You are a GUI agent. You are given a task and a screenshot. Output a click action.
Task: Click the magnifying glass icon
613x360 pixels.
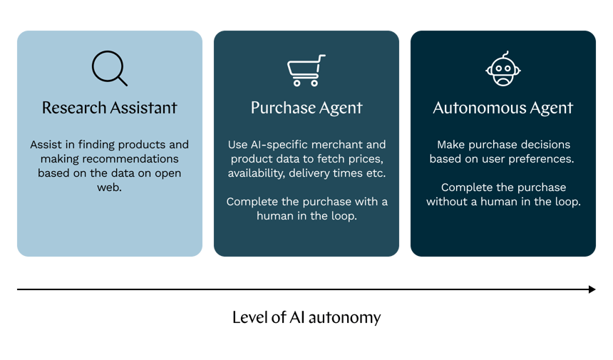(x=109, y=69)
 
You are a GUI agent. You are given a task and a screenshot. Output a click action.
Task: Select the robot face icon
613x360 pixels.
(x=503, y=69)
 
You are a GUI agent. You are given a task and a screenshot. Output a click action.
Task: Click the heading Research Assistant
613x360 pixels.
(x=109, y=108)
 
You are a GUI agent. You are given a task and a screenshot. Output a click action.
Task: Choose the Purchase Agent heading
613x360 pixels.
(x=306, y=108)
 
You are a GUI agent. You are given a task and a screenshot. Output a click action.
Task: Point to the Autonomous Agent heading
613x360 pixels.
(x=503, y=108)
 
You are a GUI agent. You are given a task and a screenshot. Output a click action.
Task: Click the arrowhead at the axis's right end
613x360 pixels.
(x=592, y=289)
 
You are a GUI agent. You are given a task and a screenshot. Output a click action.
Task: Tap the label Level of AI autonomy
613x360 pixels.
(x=306, y=317)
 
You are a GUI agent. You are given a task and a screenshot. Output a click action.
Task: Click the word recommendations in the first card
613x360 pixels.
(x=133, y=159)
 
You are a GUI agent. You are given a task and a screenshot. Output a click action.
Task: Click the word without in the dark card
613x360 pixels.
(x=447, y=202)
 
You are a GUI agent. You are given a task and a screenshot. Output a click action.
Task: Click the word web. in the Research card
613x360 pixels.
(x=109, y=187)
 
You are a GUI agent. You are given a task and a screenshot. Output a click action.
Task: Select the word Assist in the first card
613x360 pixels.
(x=45, y=145)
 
